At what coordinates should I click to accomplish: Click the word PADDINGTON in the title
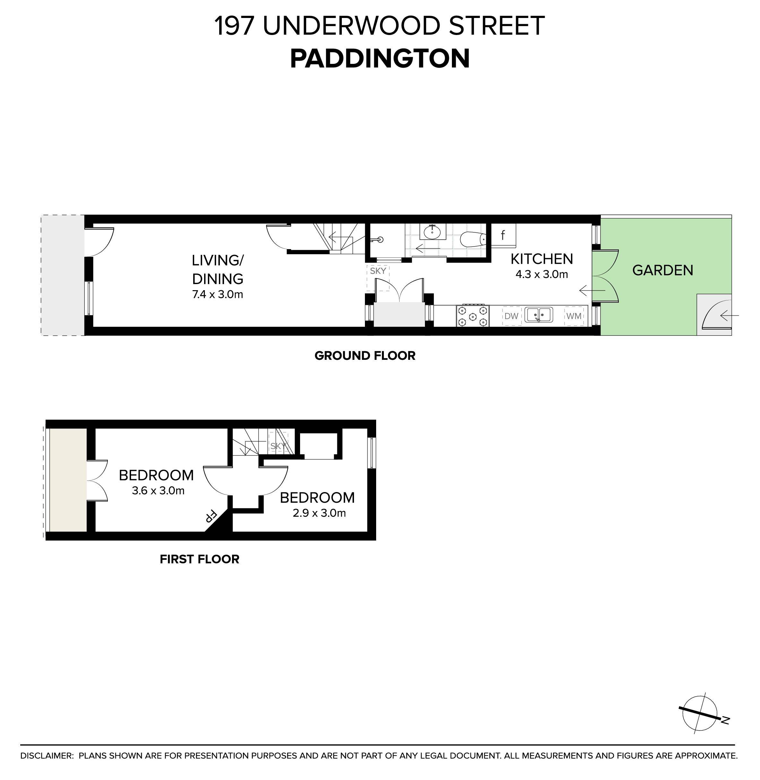[x=380, y=59]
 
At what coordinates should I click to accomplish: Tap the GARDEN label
[x=663, y=270]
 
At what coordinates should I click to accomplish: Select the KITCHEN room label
[x=542, y=259]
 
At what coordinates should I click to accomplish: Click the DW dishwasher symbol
[x=511, y=316]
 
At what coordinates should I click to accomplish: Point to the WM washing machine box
[x=574, y=316]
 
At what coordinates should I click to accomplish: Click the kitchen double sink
[x=539, y=315]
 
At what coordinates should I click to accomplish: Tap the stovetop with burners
[x=473, y=316]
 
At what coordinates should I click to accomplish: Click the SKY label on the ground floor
[x=378, y=271]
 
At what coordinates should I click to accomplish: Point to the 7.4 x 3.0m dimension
[x=218, y=295]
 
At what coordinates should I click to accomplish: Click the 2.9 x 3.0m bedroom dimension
[x=319, y=513]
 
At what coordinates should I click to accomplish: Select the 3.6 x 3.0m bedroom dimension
[x=158, y=490]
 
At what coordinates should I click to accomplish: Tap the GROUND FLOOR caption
[x=365, y=356]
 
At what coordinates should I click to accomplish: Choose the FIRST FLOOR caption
[x=200, y=559]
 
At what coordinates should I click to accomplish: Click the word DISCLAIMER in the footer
[x=47, y=756]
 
